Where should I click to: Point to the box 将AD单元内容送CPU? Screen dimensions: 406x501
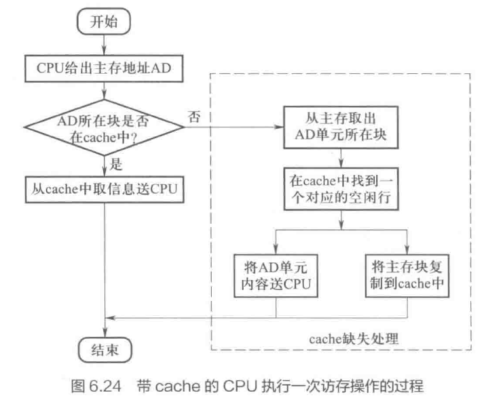(x=276, y=274)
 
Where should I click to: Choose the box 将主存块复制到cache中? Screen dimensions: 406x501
(x=406, y=274)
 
